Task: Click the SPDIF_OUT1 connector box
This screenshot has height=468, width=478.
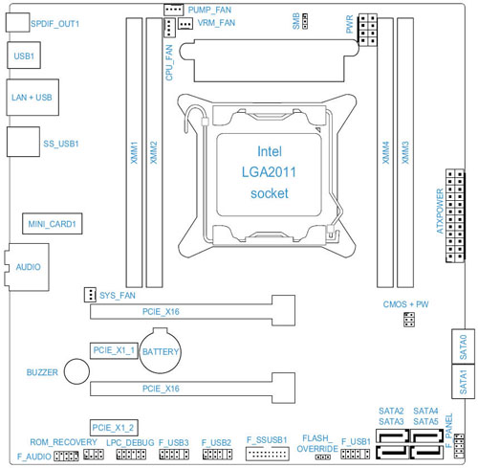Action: coord(18,22)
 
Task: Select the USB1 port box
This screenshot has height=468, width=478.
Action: coord(24,56)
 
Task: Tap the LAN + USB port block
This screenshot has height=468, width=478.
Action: coord(33,98)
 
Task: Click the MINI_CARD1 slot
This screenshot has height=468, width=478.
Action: coord(53,224)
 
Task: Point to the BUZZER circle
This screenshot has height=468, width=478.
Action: coord(76,371)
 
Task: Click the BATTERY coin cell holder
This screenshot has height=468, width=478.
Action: coord(161,350)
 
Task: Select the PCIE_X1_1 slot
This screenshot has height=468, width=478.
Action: coord(114,350)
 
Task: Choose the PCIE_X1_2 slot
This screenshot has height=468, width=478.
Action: coord(114,428)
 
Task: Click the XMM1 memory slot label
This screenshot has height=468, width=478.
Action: coord(134,153)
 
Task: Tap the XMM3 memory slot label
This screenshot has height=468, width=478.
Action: coord(405,153)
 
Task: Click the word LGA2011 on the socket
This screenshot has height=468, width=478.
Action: coord(269,172)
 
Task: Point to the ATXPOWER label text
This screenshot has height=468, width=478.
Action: coord(440,212)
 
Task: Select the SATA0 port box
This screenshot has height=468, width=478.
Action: coord(463,346)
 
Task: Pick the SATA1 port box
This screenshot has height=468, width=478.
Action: coord(463,381)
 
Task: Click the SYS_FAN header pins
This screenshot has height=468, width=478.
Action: coord(90,295)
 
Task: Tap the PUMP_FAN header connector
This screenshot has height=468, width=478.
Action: coord(174,10)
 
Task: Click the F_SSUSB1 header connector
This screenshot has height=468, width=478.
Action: coord(268,454)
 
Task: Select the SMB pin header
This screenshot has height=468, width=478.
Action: coord(305,21)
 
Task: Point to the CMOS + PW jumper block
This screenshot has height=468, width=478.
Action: coord(409,320)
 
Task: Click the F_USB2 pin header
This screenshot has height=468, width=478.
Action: coord(217,454)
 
